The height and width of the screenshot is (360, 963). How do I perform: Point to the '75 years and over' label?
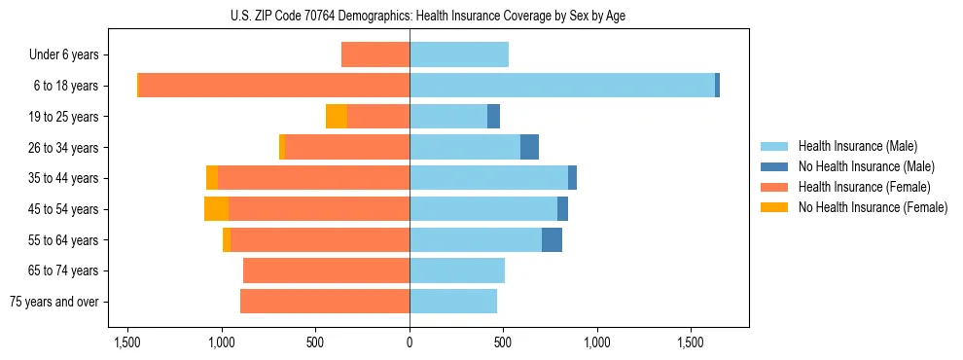click(53, 302)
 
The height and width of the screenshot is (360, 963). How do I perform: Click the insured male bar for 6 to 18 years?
click(561, 86)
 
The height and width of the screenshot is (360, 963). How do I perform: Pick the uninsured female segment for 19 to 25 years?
click(337, 117)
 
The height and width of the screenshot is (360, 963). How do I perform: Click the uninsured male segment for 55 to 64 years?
click(552, 239)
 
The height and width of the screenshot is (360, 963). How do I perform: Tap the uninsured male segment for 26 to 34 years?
click(529, 147)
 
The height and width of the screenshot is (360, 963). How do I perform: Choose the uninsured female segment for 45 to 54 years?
click(216, 209)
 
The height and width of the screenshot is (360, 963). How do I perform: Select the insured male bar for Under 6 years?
click(458, 54)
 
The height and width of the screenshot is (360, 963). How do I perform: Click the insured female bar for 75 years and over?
click(325, 302)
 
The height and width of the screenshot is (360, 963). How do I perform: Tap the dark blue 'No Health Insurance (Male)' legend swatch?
click(773, 166)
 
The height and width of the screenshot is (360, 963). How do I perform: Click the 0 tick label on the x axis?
click(410, 343)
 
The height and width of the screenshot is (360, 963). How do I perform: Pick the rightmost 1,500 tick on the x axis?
click(690, 343)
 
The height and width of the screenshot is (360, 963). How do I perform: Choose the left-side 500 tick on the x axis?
click(315, 343)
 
